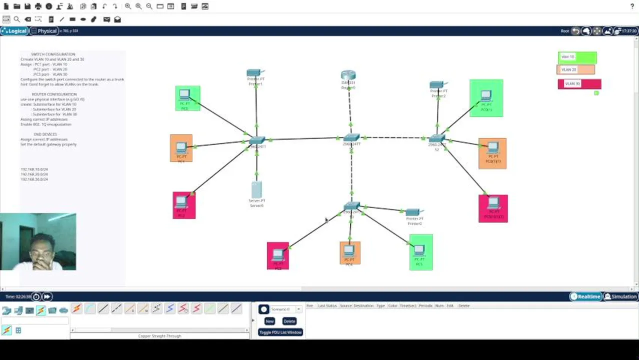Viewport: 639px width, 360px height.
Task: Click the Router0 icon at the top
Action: pos(348,76)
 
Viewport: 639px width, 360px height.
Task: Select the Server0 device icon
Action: pos(256,190)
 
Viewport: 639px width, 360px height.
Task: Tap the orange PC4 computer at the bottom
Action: pos(349,251)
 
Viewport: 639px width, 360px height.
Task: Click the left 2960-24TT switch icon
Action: pos(257,140)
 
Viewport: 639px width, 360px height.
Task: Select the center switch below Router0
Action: pos(351,137)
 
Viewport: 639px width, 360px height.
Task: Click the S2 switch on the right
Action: pos(436,138)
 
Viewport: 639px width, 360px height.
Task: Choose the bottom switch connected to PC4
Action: pos(351,206)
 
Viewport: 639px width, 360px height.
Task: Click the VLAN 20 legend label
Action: pos(575,70)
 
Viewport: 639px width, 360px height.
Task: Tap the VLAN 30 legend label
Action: pos(579,83)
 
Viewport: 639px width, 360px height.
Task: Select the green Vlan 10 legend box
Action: pos(577,57)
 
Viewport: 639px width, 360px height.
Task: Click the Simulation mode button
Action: pos(620,296)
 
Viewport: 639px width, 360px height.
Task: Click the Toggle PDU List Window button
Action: pos(280,332)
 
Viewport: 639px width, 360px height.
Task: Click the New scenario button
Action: pos(269,321)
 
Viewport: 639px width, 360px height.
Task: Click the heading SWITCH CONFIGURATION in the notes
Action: pos(53,54)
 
